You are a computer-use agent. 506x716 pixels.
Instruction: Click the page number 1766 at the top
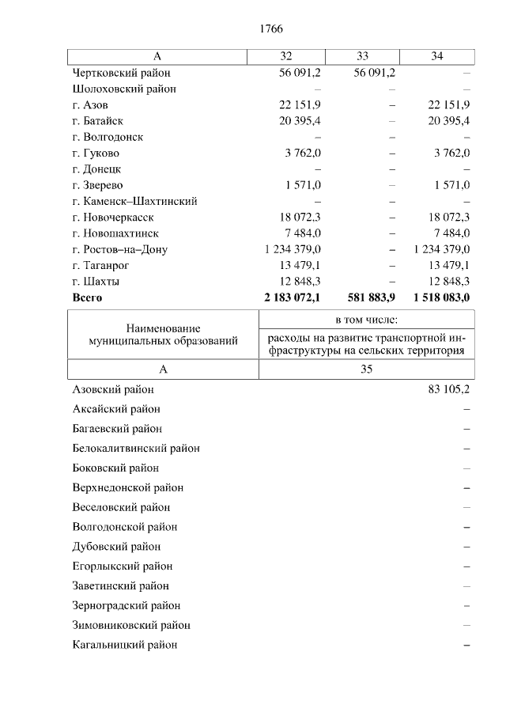coord(270,28)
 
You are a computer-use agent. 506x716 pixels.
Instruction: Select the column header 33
coord(363,56)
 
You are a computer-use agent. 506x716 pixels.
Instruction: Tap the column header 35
coord(367,369)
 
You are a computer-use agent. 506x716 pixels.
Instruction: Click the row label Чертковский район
coord(118,73)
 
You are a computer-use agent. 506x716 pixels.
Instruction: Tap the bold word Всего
coord(87,297)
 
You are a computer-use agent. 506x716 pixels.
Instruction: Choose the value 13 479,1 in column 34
coord(448,265)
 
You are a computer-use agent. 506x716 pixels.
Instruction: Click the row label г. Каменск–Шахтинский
coord(134,201)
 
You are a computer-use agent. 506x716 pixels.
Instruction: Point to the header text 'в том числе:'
coord(367,320)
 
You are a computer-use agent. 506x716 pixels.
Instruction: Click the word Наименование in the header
coord(163,328)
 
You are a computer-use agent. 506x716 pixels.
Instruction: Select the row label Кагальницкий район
coord(124,645)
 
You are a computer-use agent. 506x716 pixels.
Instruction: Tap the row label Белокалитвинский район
coord(135,448)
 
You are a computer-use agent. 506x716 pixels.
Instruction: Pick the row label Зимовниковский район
coord(130,625)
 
